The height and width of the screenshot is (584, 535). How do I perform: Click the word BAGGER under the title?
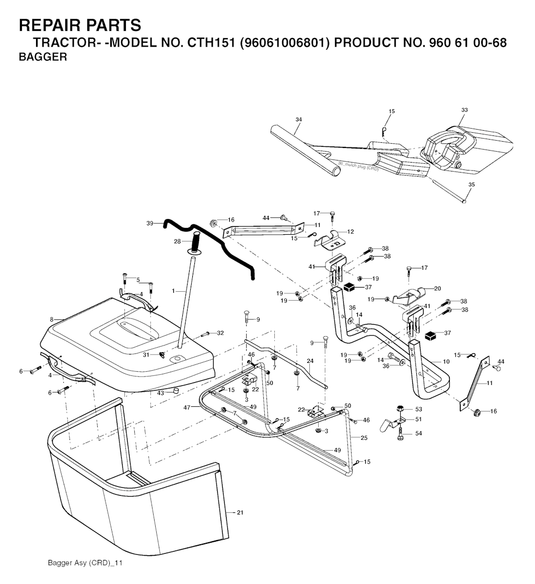click(43, 58)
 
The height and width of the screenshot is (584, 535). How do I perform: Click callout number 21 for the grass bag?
click(240, 512)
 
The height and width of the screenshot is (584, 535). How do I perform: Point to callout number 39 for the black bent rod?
click(150, 223)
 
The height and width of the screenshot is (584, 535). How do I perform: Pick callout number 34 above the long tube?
click(298, 120)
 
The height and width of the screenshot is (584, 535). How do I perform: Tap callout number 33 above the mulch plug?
click(464, 110)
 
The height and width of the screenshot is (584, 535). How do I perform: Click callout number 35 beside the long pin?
click(471, 185)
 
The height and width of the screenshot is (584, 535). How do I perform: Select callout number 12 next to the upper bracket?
click(351, 231)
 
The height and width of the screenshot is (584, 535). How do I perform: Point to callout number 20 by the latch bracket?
click(437, 288)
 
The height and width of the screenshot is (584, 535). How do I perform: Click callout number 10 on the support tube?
click(446, 361)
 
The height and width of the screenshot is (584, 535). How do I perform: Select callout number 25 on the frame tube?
click(364, 437)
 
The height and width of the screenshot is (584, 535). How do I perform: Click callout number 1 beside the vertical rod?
click(173, 290)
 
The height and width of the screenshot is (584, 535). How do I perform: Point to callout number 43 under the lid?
click(160, 393)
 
